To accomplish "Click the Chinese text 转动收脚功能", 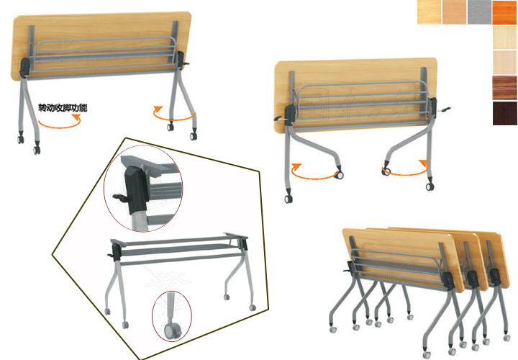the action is (63, 108).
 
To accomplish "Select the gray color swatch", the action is (479, 12).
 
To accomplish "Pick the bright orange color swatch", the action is (504, 12).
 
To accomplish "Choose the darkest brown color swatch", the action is (505, 113).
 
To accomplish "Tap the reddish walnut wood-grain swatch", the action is (505, 88).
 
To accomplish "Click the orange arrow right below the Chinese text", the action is (60, 122).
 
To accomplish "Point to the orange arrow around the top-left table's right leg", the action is (174, 113).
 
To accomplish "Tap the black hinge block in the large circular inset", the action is (136, 191).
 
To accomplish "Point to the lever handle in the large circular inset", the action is (119, 198).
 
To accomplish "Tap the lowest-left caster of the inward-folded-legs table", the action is (288, 199).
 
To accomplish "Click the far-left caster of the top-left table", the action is (20, 139).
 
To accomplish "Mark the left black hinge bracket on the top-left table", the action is (25, 68).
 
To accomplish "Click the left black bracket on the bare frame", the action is (117, 252).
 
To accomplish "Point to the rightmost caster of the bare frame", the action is (253, 307).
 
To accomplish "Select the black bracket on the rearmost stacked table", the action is (494, 277).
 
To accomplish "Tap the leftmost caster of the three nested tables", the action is (333, 329).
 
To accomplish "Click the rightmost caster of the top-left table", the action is (194, 135).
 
